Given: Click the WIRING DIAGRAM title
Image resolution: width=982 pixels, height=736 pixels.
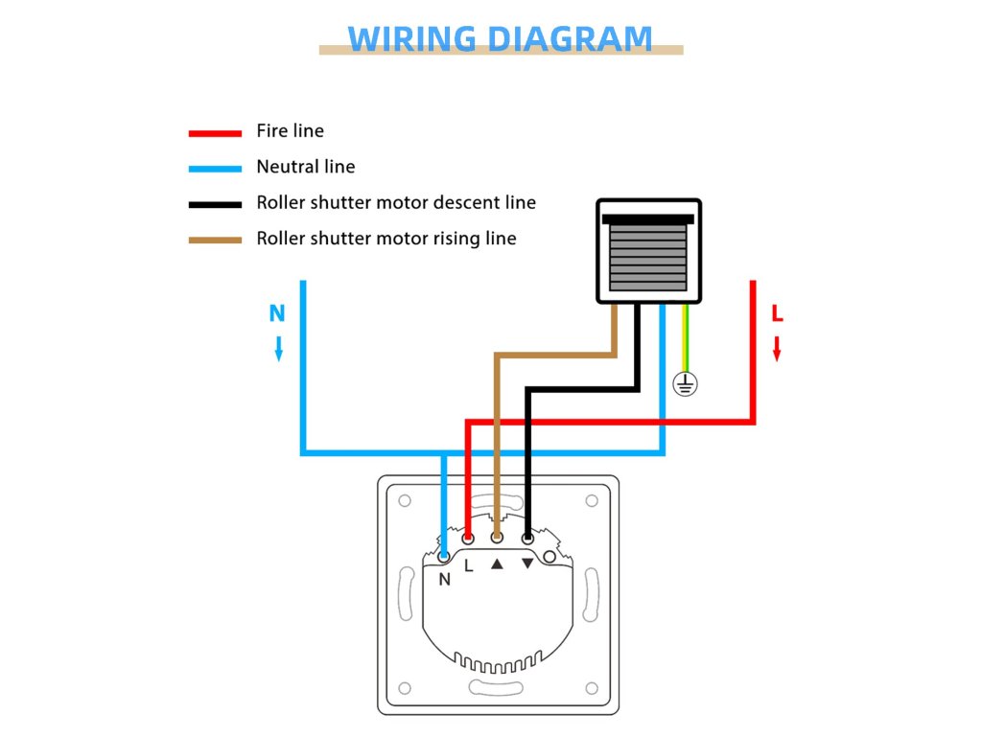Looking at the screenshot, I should [500, 38].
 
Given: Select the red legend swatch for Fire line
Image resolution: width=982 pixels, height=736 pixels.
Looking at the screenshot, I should [215, 133].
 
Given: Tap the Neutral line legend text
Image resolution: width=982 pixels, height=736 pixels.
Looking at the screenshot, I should [305, 167].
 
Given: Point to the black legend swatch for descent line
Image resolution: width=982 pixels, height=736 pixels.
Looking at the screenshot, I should [215, 204].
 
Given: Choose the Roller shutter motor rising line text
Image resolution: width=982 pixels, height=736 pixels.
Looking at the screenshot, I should [386, 239].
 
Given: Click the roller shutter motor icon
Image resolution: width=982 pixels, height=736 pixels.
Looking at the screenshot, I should [648, 251].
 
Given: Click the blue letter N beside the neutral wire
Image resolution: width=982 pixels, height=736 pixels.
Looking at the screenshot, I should [277, 313].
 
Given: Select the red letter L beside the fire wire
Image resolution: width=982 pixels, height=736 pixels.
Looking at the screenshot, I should [778, 313].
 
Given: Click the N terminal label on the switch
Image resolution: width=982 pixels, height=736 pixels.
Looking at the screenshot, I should [445, 579].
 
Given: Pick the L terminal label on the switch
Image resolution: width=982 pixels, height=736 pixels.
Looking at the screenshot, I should [468, 565].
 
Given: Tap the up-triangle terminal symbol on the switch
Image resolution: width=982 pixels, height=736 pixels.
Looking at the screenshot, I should [497, 563].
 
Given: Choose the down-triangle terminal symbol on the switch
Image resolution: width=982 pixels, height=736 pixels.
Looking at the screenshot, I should [527, 563].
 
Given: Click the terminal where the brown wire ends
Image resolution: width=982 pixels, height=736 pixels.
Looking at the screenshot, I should [497, 539].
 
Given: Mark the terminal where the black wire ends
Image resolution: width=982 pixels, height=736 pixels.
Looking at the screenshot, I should [527, 539].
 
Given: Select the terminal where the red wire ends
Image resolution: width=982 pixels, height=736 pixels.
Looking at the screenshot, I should [468, 539].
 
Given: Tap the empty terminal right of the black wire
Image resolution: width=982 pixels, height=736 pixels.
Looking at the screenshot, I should [549, 556].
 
